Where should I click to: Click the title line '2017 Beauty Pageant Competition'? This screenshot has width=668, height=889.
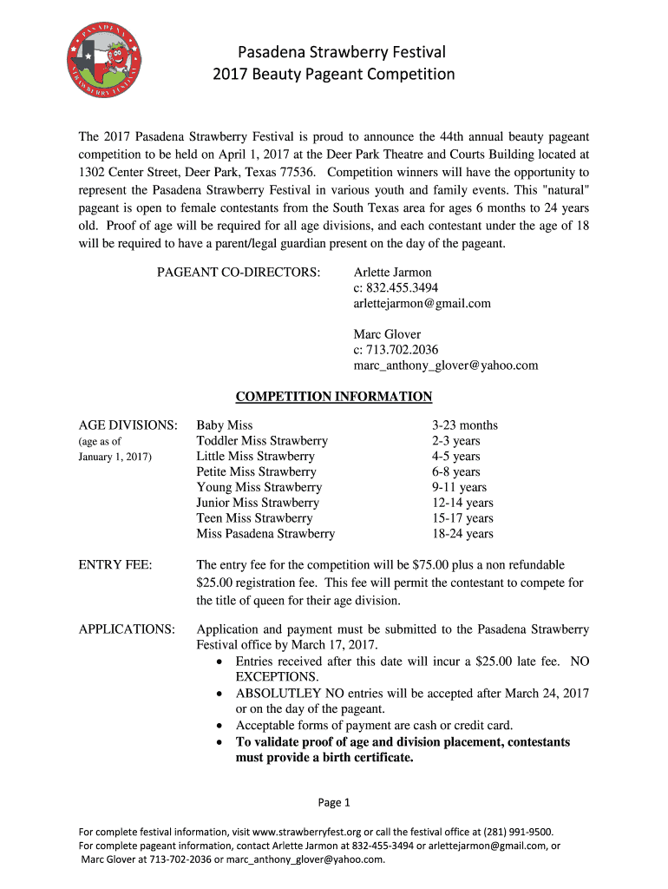point(334,74)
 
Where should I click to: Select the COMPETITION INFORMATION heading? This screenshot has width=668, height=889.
point(334,397)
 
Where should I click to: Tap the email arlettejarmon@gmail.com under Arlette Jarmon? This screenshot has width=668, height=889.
point(422,303)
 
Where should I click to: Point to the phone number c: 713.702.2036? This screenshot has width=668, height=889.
point(396,350)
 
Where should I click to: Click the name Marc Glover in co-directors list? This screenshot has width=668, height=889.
point(387,334)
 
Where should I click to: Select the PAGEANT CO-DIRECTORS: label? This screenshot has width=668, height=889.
point(239,273)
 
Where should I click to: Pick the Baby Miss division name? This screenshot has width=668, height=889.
point(225,425)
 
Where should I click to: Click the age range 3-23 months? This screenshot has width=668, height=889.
point(465,425)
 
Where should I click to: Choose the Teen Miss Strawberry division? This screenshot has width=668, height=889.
point(254,518)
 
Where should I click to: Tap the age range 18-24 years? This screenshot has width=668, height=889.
point(462,534)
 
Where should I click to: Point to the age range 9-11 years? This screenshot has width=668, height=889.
point(459,487)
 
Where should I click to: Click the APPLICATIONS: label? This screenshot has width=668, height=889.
point(127,629)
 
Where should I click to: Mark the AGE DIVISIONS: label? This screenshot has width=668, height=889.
point(128,425)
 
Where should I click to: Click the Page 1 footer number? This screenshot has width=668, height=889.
point(334,802)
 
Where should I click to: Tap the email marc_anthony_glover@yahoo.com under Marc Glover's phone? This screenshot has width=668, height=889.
point(445,365)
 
